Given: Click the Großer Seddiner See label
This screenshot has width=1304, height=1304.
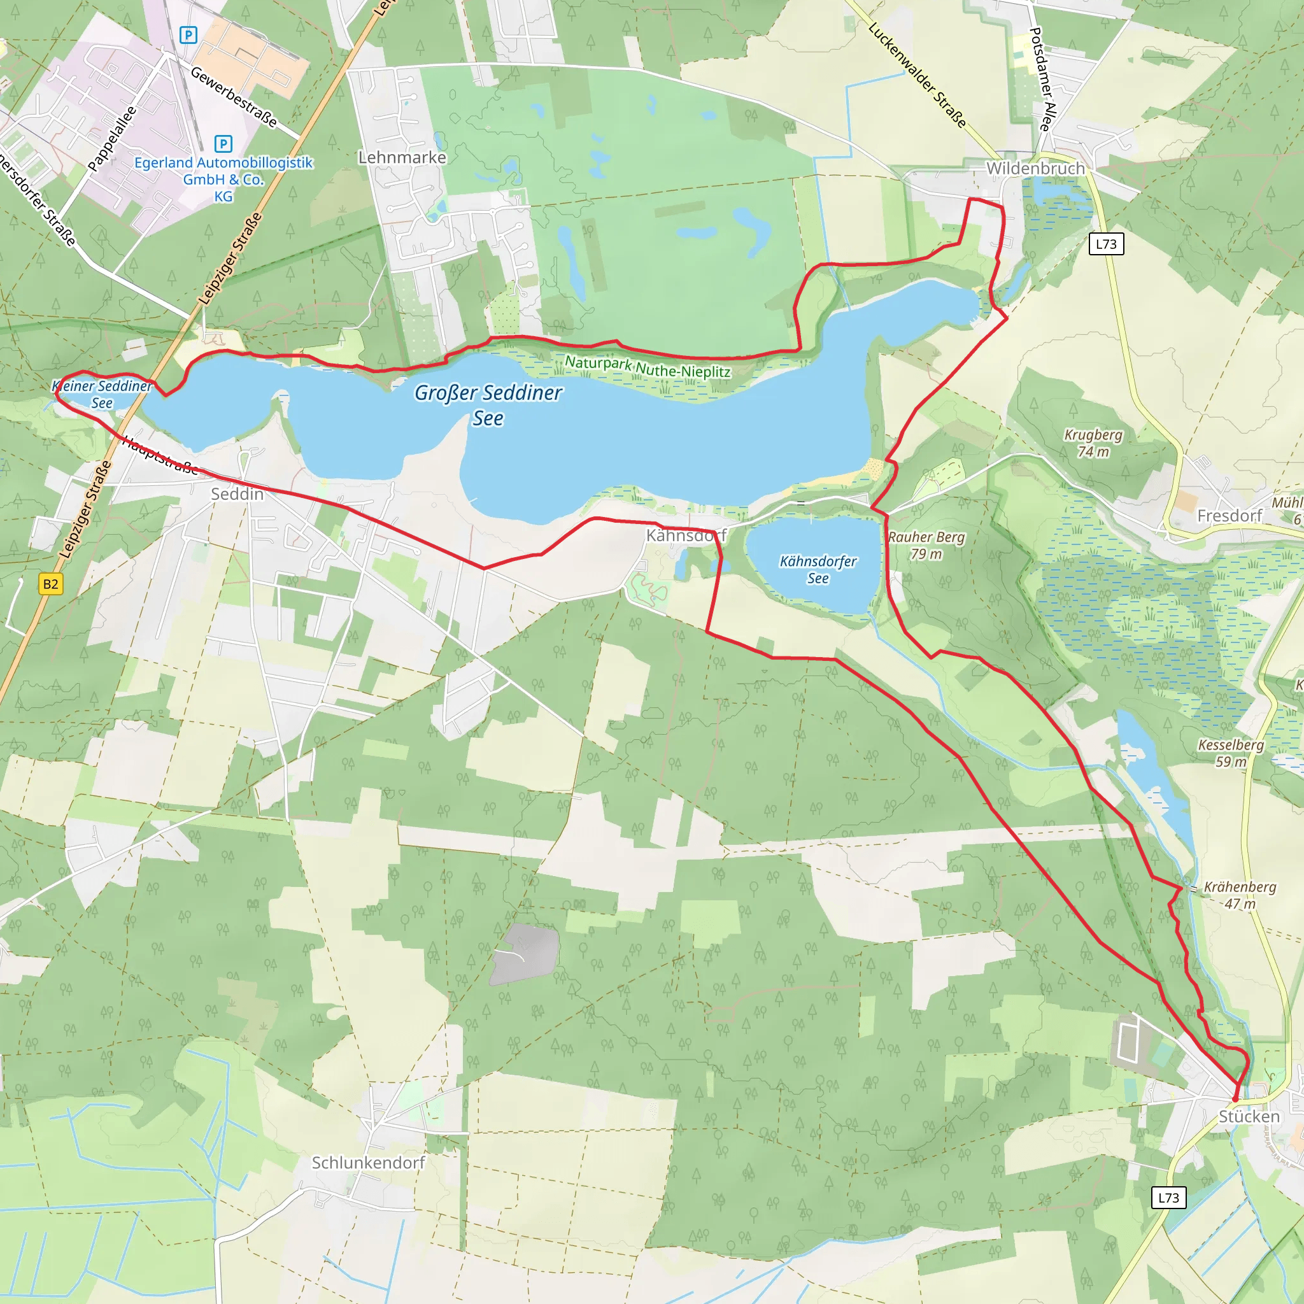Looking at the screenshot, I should tap(488, 405).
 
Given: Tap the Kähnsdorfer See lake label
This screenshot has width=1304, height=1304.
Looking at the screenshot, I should tap(818, 570).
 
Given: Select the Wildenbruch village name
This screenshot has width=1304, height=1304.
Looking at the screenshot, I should tap(1035, 169).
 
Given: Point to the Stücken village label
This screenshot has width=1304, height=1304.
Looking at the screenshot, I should tap(1249, 1117).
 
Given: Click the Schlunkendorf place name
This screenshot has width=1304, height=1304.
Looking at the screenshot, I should tap(369, 1163).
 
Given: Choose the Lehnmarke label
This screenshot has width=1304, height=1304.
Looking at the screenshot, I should tap(402, 157).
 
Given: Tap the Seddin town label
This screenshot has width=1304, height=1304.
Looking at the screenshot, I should tap(237, 494).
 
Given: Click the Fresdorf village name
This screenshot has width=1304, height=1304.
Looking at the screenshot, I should tap(1229, 516).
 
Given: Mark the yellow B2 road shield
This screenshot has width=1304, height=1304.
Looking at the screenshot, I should tap(51, 584).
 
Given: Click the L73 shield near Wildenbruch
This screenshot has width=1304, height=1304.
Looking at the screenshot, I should tap(1106, 244).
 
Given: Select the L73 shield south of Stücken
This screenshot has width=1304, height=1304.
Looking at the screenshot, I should tap(1168, 1198).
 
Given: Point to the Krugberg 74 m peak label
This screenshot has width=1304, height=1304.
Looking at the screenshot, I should tap(1093, 443).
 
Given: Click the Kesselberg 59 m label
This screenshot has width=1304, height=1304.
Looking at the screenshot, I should tap(1230, 753).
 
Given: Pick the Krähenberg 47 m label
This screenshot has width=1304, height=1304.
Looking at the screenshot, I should tap(1240, 895).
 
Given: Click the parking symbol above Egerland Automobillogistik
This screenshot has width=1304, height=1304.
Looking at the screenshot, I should tap(223, 144).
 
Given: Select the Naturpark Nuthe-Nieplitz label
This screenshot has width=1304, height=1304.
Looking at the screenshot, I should tap(648, 367).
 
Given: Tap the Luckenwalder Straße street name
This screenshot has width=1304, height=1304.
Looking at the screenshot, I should tap(918, 75).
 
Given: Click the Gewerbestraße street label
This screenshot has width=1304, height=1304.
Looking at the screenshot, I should tap(234, 97).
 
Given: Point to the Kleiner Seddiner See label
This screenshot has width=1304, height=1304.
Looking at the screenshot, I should tap(102, 394).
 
